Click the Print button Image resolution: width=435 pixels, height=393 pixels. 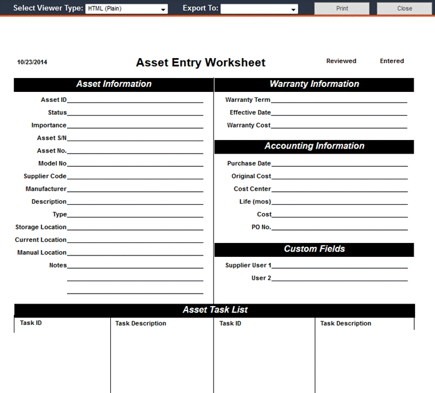pos(342,9)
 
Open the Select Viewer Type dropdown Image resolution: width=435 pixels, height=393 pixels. pos(126,9)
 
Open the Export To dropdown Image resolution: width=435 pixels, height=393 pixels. pos(259,9)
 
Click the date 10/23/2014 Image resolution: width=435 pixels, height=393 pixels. pos(32,62)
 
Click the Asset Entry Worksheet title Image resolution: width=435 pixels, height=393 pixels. pos(200,62)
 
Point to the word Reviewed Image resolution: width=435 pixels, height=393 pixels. pos(341,61)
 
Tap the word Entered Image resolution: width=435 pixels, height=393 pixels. pos(392,61)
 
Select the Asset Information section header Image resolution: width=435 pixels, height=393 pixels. pos(113,84)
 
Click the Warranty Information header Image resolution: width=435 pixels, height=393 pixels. pos(314,84)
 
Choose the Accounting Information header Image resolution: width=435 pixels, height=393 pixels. pos(314,146)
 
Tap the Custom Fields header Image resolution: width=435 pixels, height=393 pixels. pos(314,249)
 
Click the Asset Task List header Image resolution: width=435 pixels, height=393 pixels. pos(215,310)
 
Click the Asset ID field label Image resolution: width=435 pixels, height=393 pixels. pos(54,100)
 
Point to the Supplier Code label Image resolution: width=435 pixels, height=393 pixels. pos(45,176)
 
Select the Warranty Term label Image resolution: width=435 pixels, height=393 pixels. pos(248,100)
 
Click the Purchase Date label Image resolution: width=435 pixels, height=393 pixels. pos(249,164)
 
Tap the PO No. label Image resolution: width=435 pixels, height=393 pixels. pos(260,227)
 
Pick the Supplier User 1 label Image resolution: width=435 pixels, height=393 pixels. pos(248,266)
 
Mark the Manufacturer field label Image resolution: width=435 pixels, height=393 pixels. pos(46,189)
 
